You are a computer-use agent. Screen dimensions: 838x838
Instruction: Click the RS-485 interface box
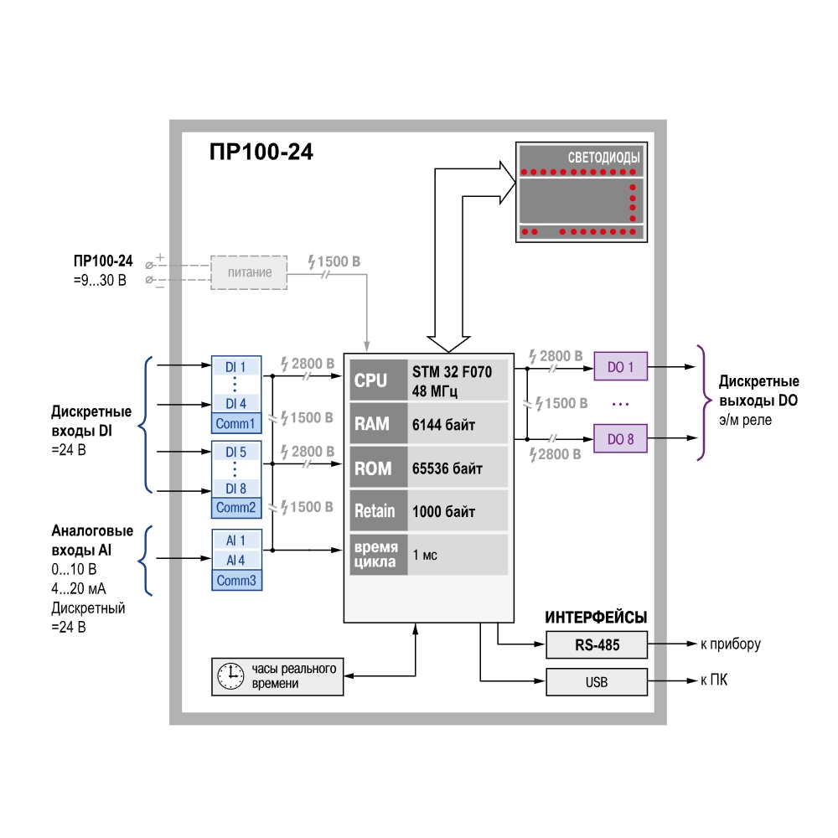coord(597,644)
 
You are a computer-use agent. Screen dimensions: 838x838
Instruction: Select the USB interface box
coord(597,682)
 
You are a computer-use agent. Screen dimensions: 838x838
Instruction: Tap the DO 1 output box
coord(620,367)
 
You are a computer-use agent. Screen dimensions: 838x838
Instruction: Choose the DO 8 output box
coord(620,439)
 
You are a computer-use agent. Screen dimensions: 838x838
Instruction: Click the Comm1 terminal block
coord(236,423)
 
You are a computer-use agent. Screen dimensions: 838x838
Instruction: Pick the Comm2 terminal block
coord(236,507)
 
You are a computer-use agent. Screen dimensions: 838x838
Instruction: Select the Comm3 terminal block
coord(237,581)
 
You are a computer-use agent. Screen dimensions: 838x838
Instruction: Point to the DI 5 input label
coord(235,453)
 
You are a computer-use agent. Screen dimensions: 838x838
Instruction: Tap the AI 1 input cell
coord(236,541)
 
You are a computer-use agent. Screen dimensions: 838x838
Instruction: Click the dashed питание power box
coord(249,272)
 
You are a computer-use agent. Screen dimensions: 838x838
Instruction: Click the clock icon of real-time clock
coord(230,676)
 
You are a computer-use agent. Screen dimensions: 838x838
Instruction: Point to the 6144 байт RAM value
coord(443,425)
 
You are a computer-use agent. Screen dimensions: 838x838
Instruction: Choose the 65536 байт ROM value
coord(447,468)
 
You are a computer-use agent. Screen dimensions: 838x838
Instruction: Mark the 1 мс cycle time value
coord(425,555)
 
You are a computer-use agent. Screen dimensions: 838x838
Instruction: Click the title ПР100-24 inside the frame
coord(261,152)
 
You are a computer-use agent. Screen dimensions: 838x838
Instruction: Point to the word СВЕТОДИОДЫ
coord(603,158)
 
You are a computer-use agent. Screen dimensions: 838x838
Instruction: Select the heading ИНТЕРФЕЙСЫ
coord(596,618)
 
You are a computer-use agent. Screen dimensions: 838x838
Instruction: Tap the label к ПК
coord(714,680)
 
